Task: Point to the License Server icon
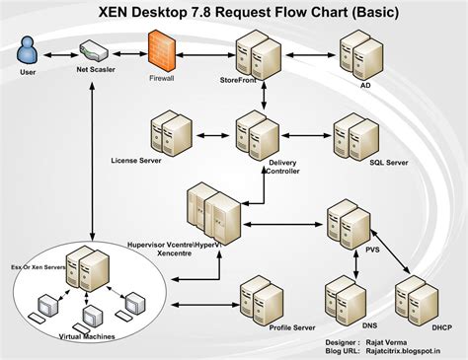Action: point(171,133)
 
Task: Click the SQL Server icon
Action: point(353,133)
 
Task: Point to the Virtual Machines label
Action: point(86,336)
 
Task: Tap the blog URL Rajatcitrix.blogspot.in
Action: point(402,349)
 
